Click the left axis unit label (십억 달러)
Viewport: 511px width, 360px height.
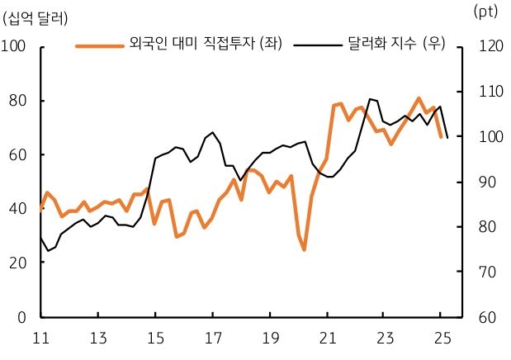pyautogui.click(x=36, y=17)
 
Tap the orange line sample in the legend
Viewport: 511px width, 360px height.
pyautogui.click(x=100, y=45)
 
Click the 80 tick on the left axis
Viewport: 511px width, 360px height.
pyautogui.click(x=18, y=101)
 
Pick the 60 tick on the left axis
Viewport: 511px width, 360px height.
pyautogui.click(x=18, y=154)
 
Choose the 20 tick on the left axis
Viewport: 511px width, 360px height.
pyautogui.click(x=18, y=263)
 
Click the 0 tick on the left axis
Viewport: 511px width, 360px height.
pyautogui.click(x=22, y=317)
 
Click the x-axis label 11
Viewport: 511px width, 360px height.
pyautogui.click(x=40, y=339)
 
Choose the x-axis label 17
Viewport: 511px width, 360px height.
pyautogui.click(x=212, y=339)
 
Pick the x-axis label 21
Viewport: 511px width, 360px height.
pyautogui.click(x=327, y=339)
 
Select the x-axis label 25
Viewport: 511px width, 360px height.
pyautogui.click(x=442, y=339)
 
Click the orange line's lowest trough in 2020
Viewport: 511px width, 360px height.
pyautogui.click(x=304, y=249)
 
